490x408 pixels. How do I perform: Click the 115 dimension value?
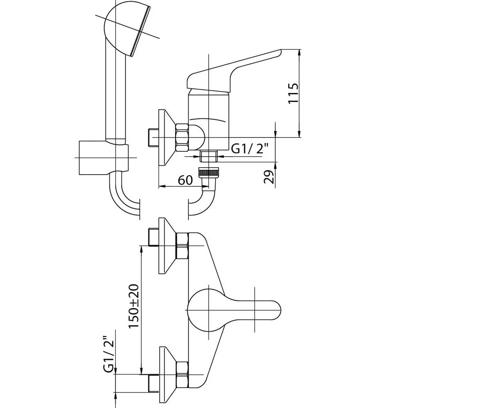(293, 93)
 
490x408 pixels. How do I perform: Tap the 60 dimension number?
(185, 180)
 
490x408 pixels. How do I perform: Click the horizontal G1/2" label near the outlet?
(249, 149)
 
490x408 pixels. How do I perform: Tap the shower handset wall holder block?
(104, 157)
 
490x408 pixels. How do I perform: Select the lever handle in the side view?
(234, 70)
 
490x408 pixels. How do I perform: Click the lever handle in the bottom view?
(234, 310)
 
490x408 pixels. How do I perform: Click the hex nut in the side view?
(183, 137)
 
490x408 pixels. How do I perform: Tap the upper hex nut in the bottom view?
(183, 246)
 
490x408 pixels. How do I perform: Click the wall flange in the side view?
(167, 137)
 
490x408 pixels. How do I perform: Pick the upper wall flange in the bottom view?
(167, 246)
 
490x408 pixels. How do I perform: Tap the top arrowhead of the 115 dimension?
(299, 52)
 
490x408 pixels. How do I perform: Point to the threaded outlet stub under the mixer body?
(209, 156)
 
